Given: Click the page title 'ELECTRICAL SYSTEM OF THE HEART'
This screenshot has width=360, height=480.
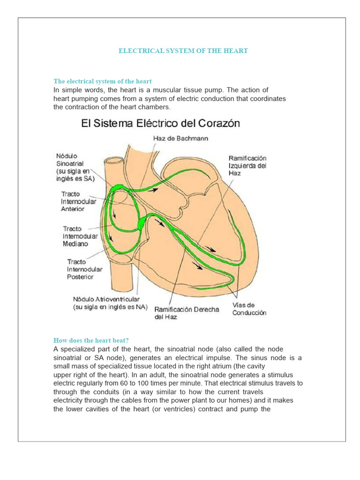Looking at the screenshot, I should point(183,51).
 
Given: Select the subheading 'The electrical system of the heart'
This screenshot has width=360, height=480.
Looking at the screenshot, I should point(103,82).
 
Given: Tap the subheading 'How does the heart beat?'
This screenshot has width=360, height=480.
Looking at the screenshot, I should point(91,340).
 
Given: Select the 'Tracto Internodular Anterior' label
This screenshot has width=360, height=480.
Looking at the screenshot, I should point(78,202).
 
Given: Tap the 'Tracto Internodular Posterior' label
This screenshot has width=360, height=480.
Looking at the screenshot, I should point(83,269).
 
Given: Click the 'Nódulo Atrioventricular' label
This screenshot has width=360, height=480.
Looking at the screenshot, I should point(110,303).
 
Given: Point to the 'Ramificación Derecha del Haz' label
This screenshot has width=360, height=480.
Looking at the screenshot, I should point(187,313).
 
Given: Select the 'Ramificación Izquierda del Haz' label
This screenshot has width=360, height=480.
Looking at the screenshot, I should point(247,165).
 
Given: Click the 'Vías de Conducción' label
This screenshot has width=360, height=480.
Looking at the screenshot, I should point(249,309).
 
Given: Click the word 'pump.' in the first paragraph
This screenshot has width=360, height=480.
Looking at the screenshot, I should point(216,90).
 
